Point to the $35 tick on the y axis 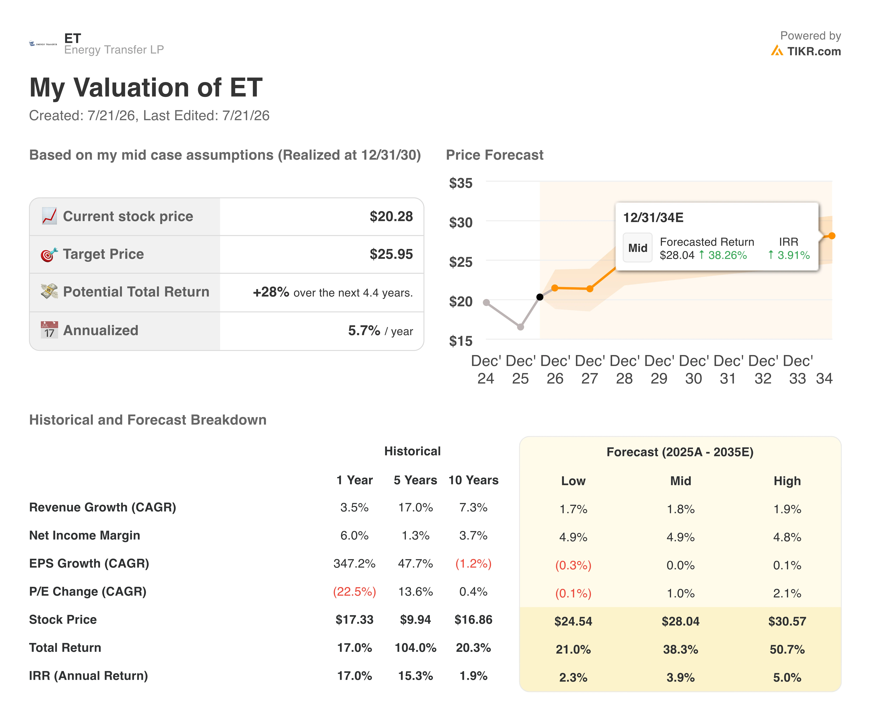(461, 183)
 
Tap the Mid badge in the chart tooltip (637, 248)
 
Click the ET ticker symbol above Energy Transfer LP (73, 38)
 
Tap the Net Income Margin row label (85, 535)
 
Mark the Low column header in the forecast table (573, 481)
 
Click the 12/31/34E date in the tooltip (653, 218)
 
